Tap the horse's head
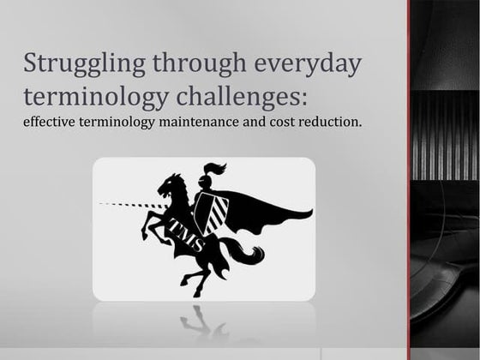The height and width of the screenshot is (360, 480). pyautogui.click(x=172, y=185)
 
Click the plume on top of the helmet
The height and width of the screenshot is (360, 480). pyautogui.click(x=215, y=168)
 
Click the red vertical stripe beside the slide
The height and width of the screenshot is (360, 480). pyautogui.click(x=410, y=180)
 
